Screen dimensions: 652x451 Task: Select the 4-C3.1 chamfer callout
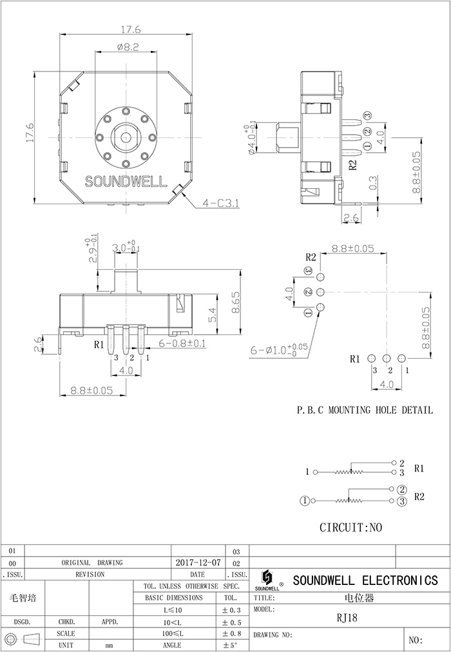click(221, 203)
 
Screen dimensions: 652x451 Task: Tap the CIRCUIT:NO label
click(350, 527)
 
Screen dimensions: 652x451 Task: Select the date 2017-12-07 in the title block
click(198, 562)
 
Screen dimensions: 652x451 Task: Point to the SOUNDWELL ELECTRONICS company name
click(365, 580)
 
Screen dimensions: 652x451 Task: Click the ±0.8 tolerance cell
click(231, 634)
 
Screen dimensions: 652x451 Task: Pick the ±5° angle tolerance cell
click(231, 646)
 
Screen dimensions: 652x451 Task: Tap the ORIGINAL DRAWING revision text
click(92, 562)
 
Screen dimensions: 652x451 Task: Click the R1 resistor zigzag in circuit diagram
click(348, 472)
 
